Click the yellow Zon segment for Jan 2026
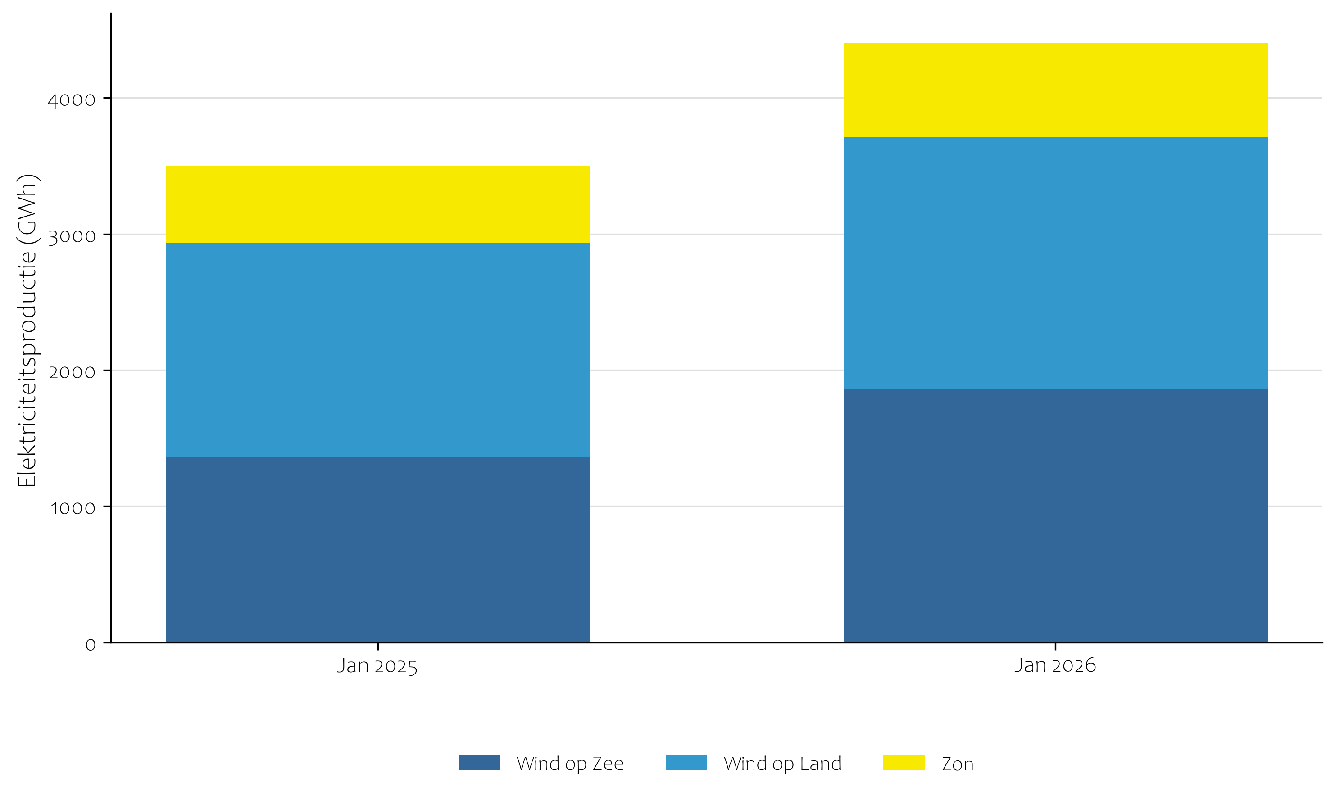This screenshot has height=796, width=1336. (x=1055, y=90)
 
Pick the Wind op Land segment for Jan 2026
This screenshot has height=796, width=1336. (x=1055, y=263)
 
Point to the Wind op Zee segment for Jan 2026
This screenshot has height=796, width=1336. (x=1055, y=516)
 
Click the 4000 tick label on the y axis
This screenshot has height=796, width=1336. (x=71, y=100)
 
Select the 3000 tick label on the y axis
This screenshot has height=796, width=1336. (x=71, y=236)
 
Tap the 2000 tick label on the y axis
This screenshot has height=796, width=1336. (x=71, y=372)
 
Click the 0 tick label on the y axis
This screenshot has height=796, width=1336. (x=90, y=644)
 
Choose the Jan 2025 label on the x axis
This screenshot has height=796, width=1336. (x=377, y=665)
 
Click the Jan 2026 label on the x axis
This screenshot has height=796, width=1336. (x=1055, y=665)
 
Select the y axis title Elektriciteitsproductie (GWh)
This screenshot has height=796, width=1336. (x=27, y=330)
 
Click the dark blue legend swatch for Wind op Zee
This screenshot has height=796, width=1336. (x=479, y=763)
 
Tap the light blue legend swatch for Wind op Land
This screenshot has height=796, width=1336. (x=686, y=763)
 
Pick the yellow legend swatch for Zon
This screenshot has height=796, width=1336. (x=904, y=763)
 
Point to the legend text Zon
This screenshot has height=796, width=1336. (x=958, y=764)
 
